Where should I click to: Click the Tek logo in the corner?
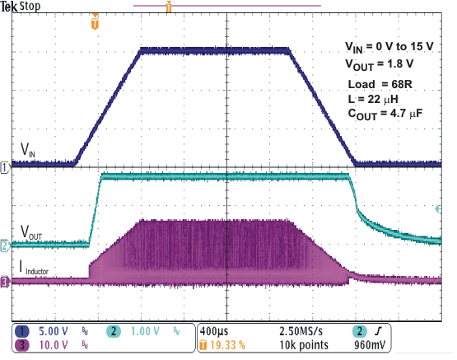pyautogui.click(x=11, y=7)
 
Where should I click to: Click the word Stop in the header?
pyautogui.click(x=35, y=7)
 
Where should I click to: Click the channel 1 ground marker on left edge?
pyautogui.click(x=5, y=167)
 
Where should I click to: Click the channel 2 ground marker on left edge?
pyautogui.click(x=5, y=245)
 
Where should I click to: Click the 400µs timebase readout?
pyautogui.click(x=219, y=330)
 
